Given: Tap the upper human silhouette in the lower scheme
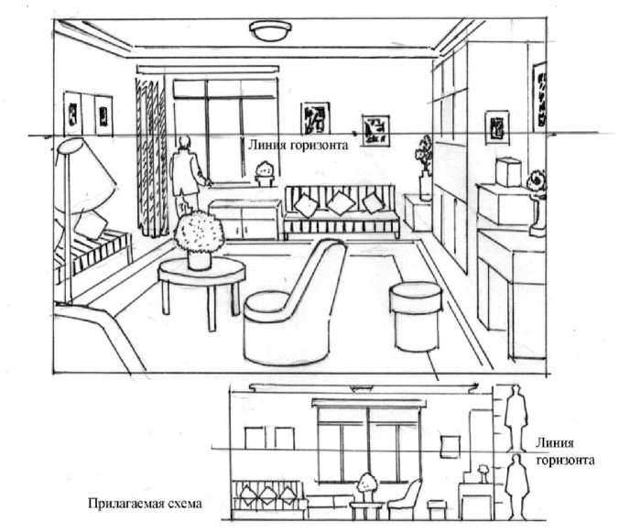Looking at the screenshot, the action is pos(516,417).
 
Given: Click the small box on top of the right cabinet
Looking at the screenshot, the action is pos(505,172).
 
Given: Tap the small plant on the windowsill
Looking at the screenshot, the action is pos(265,171).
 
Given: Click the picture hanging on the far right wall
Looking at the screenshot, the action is pos(498,127).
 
